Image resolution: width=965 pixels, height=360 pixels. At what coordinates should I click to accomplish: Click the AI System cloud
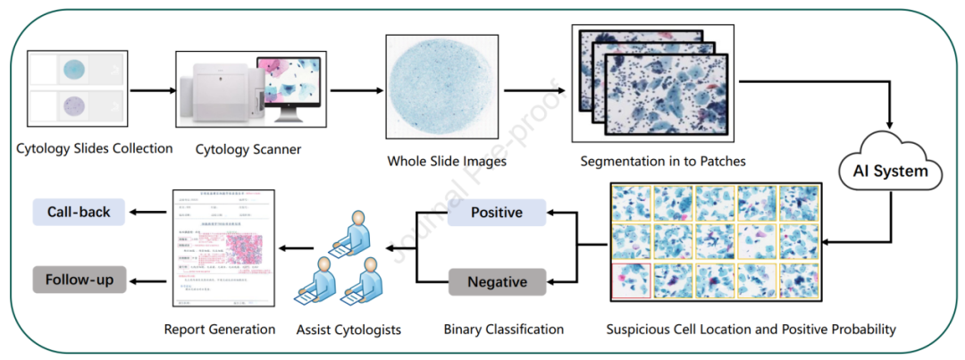pyautogui.click(x=889, y=169)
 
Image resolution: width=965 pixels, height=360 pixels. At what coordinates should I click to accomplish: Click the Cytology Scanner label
pyautogui.click(x=248, y=149)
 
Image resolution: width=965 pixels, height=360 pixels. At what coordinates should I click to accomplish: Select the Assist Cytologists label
pyautogui.click(x=348, y=330)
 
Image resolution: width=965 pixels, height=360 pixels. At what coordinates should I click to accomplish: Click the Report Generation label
pyautogui.click(x=220, y=329)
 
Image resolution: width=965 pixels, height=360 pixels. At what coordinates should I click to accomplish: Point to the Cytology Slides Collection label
pyautogui.click(x=95, y=148)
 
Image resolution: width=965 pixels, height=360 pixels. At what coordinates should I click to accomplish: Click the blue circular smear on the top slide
pyautogui.click(x=74, y=69)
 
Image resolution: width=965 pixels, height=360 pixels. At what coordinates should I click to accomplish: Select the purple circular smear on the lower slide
pyautogui.click(x=74, y=107)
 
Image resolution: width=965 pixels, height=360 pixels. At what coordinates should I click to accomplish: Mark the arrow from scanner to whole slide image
pyautogui.click(x=349, y=90)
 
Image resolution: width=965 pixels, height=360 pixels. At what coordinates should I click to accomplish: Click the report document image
pyautogui.click(x=220, y=251)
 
